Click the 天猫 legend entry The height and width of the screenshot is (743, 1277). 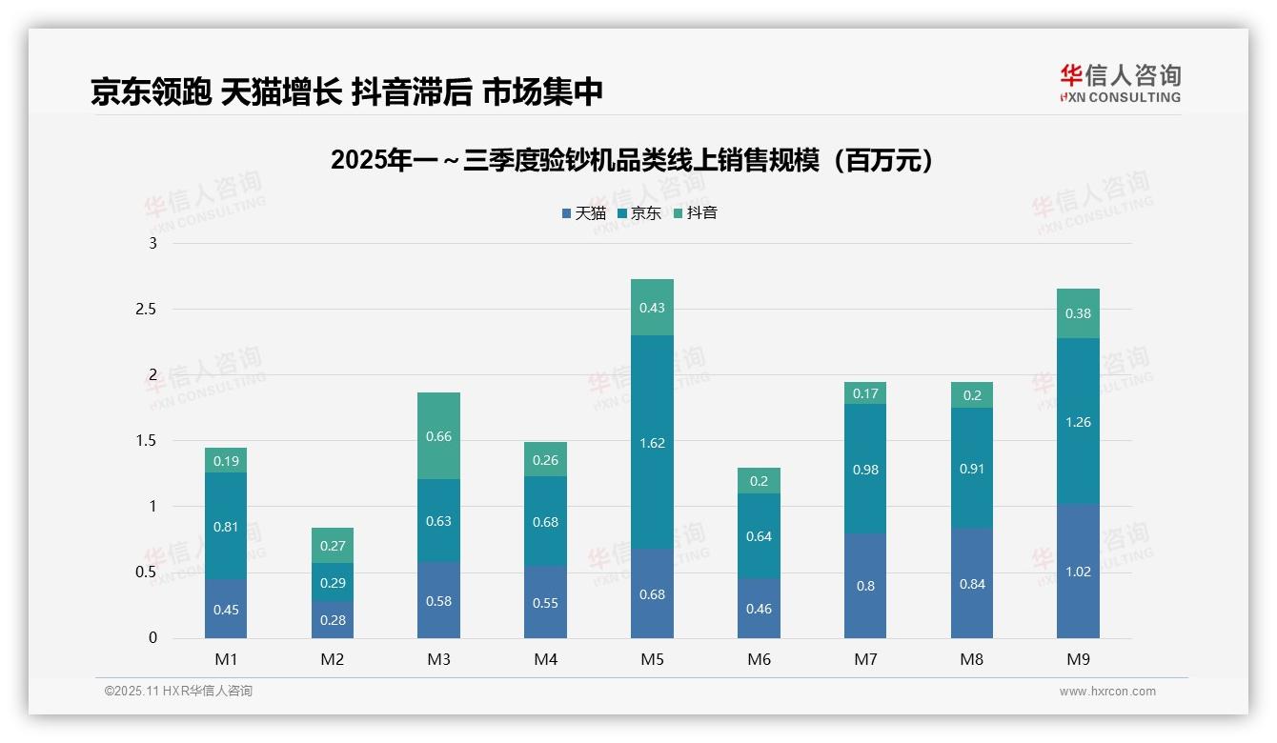(x=584, y=213)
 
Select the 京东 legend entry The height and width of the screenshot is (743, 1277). (x=639, y=213)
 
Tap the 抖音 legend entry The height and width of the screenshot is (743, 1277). (x=696, y=213)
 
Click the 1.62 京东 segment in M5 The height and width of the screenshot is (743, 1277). (x=652, y=442)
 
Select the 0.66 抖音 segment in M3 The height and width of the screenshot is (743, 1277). (x=438, y=436)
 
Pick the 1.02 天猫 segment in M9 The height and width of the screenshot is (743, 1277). (x=1078, y=572)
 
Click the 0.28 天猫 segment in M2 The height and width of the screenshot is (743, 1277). (x=332, y=620)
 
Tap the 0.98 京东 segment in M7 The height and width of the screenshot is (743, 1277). (x=865, y=469)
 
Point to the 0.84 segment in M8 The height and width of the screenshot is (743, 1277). (x=972, y=583)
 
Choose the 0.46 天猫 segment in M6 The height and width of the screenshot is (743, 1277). (x=759, y=608)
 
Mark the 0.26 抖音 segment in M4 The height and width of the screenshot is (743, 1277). (x=545, y=460)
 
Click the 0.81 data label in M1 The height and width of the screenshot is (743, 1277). (x=226, y=526)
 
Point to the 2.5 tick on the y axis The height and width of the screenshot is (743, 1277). (x=148, y=310)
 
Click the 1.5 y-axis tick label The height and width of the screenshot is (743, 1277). (x=148, y=441)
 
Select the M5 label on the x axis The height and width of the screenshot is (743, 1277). (x=652, y=659)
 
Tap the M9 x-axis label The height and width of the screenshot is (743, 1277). (x=1078, y=659)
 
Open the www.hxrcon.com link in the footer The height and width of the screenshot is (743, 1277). (x=1107, y=692)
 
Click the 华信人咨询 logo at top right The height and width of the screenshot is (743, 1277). (x=1120, y=83)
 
